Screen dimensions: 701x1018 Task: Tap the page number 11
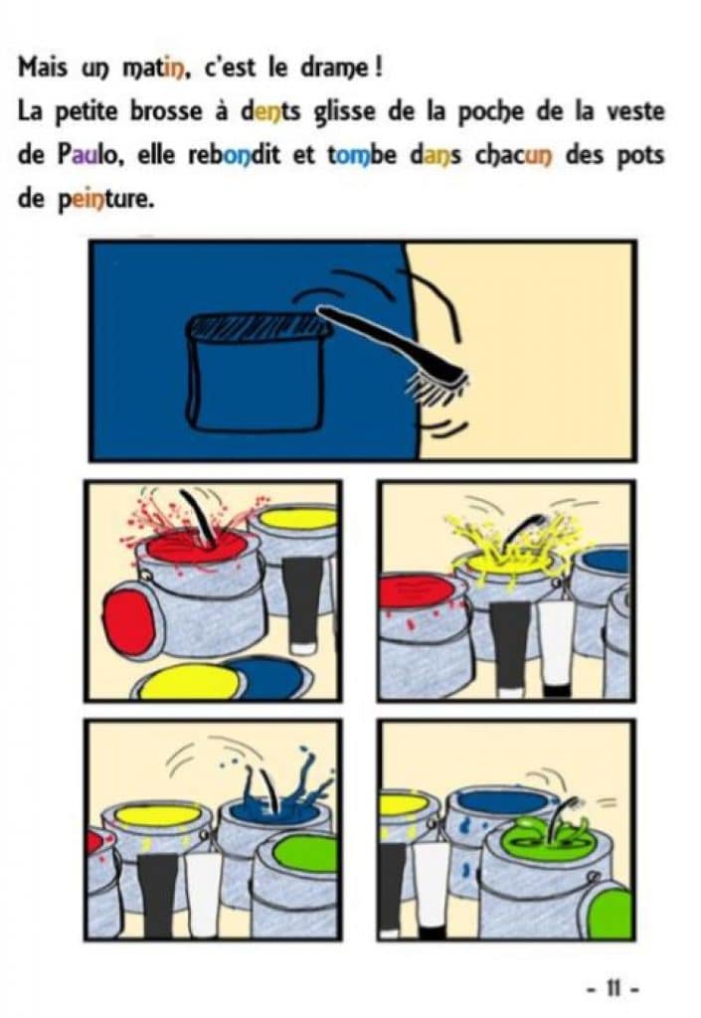tap(613, 989)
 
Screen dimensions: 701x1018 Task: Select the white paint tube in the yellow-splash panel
tap(557, 644)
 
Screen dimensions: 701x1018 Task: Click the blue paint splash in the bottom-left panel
tap(280, 792)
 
